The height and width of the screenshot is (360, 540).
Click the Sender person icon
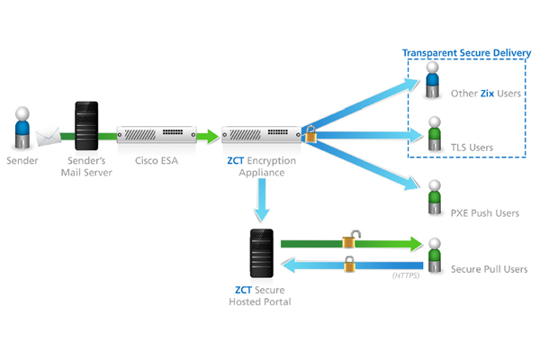point(22,129)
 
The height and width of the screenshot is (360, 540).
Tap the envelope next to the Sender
point(48,138)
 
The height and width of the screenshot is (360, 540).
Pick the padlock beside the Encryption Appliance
point(310,136)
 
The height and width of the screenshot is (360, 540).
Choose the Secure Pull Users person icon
point(435,256)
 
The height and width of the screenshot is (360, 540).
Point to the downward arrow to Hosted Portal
point(261,201)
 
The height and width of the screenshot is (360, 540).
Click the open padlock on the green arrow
point(350,240)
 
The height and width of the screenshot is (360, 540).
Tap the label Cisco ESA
point(156,163)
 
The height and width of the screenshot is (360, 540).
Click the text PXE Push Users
point(484,213)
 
